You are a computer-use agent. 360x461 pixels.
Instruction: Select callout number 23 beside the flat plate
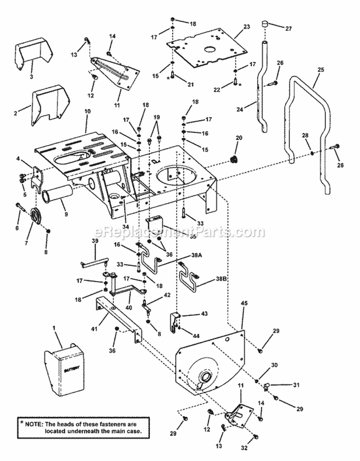point(247,27)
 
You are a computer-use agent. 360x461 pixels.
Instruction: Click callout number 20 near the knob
point(239,138)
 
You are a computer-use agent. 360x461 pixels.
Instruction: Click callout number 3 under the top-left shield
point(31,77)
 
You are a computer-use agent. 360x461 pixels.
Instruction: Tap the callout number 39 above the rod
point(95,241)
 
